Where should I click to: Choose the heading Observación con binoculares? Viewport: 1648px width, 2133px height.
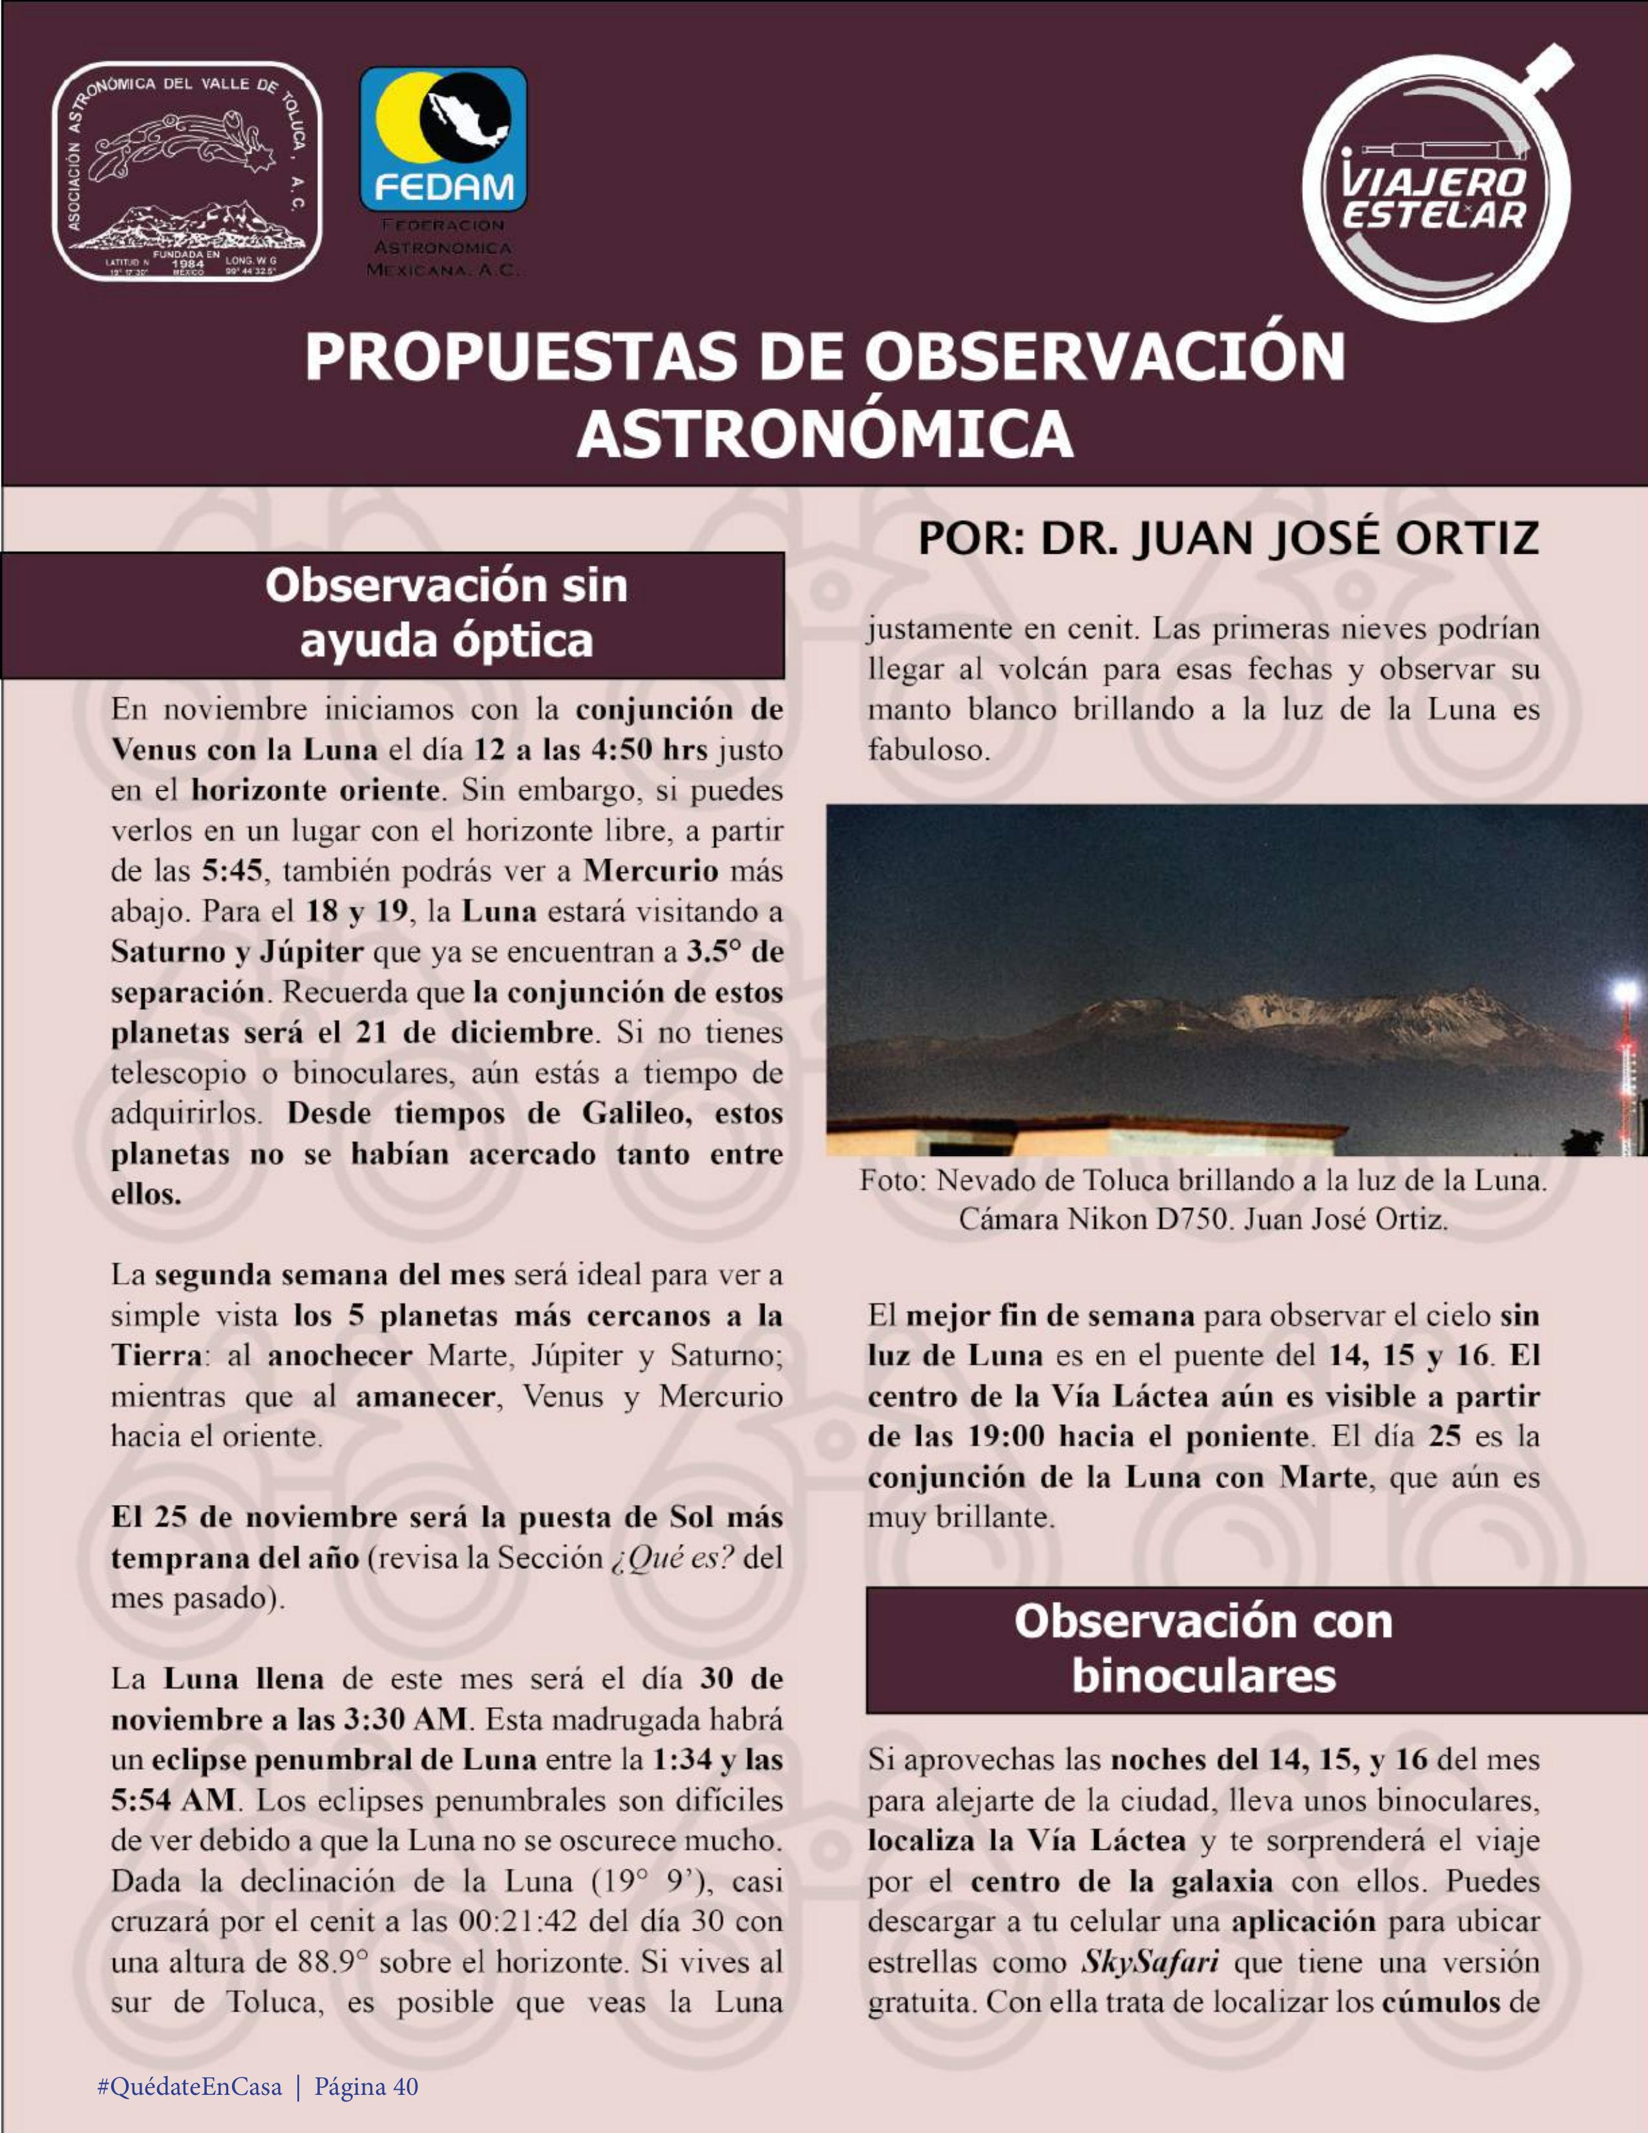point(1203,1648)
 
